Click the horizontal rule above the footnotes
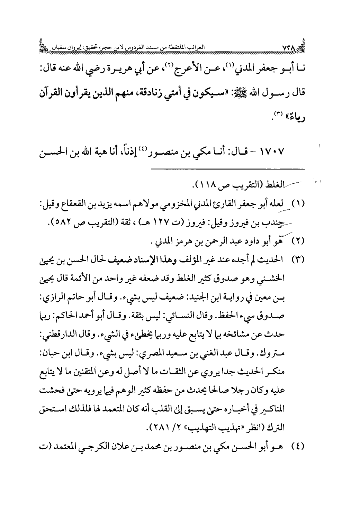(228, 169)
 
